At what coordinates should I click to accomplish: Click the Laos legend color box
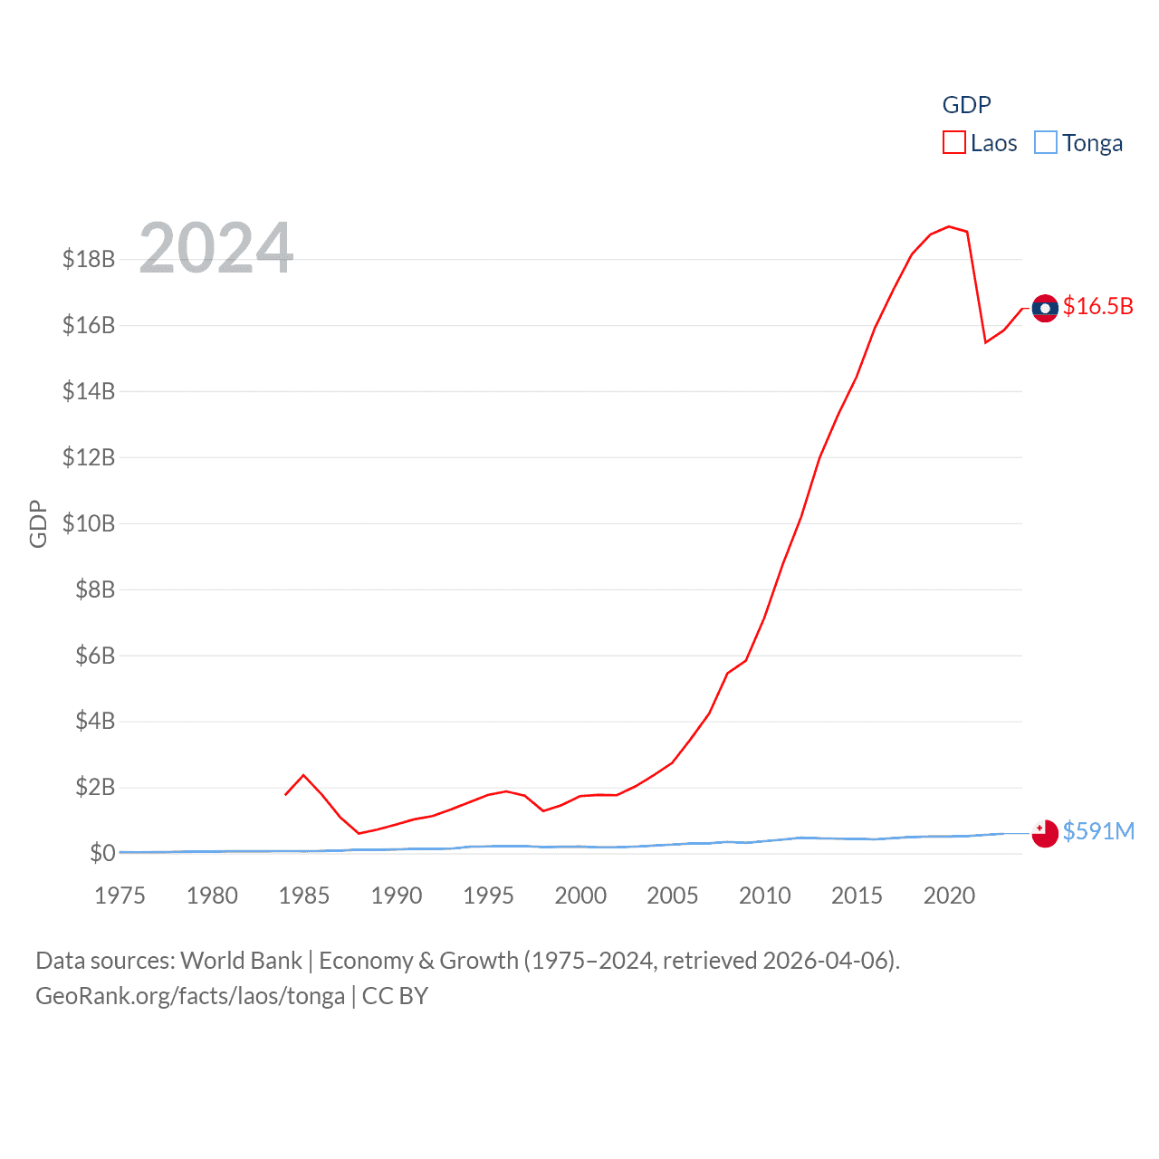click(x=954, y=143)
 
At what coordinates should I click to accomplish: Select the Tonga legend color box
click(x=1046, y=143)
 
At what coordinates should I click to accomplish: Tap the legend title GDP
click(x=966, y=105)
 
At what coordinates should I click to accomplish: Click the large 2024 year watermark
click(x=216, y=248)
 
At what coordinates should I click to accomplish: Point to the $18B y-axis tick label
click(x=89, y=260)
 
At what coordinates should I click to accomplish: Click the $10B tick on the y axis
click(x=89, y=523)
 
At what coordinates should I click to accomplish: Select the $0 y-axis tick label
click(x=102, y=853)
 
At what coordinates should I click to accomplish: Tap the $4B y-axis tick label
click(x=95, y=722)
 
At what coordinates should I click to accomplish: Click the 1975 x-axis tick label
click(x=120, y=896)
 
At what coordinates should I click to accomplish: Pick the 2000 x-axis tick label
click(x=580, y=896)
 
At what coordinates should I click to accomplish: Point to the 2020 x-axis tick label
click(x=949, y=896)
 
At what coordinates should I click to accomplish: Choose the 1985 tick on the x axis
click(x=304, y=896)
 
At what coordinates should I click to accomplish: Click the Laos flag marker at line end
click(x=1045, y=309)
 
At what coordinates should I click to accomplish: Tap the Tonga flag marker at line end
click(x=1045, y=833)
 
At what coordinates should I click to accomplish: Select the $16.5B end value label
click(x=1098, y=307)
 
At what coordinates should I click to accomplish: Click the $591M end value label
click(x=1098, y=831)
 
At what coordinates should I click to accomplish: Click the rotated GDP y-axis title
click(x=38, y=523)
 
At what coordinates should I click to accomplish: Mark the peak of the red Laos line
click(x=949, y=226)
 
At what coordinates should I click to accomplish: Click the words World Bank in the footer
click(x=242, y=961)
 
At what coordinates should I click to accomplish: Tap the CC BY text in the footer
click(x=395, y=996)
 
